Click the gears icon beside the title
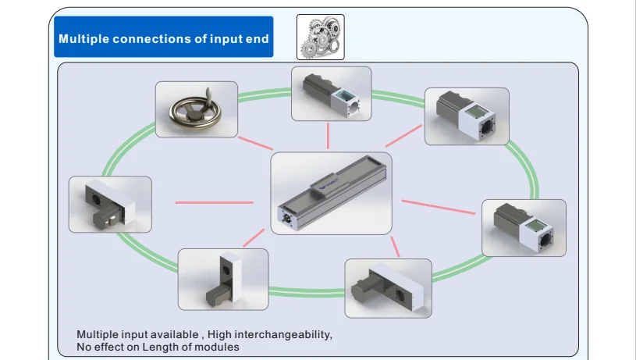[x=321, y=37]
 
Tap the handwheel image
[x=197, y=109]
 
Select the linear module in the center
[x=332, y=193]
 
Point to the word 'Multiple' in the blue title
[x=84, y=39]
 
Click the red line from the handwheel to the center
[x=255, y=143]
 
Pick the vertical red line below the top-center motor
[x=328, y=136]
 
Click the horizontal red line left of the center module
[x=214, y=202]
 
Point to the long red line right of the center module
[x=439, y=207]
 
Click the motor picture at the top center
[x=332, y=94]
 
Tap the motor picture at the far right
[x=524, y=228]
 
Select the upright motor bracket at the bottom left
[x=223, y=280]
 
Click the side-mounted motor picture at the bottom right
[x=388, y=288]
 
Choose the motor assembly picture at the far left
[x=110, y=204]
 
